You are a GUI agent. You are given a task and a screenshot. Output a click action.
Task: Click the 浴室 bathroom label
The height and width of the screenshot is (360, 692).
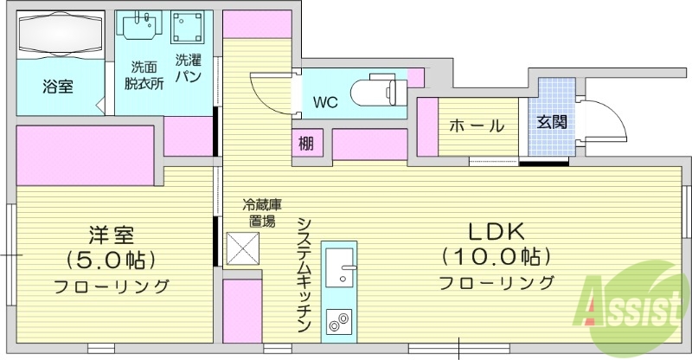(57, 87)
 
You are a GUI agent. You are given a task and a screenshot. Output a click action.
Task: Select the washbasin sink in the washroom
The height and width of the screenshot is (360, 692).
(141, 27)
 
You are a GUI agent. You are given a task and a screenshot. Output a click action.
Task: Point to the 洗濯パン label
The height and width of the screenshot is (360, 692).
(188, 68)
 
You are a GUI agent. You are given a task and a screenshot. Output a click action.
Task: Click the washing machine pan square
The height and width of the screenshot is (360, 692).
(189, 29)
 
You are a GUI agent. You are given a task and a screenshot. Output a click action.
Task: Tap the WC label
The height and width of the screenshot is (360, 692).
(325, 103)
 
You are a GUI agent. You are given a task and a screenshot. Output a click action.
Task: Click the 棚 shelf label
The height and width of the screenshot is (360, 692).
(306, 143)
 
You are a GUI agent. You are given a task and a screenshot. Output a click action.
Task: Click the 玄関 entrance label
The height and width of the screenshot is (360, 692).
(552, 122)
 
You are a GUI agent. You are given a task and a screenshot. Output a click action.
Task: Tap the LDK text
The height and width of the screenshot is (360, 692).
(497, 232)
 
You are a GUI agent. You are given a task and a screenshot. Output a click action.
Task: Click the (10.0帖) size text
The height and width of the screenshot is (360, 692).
(497, 257)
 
